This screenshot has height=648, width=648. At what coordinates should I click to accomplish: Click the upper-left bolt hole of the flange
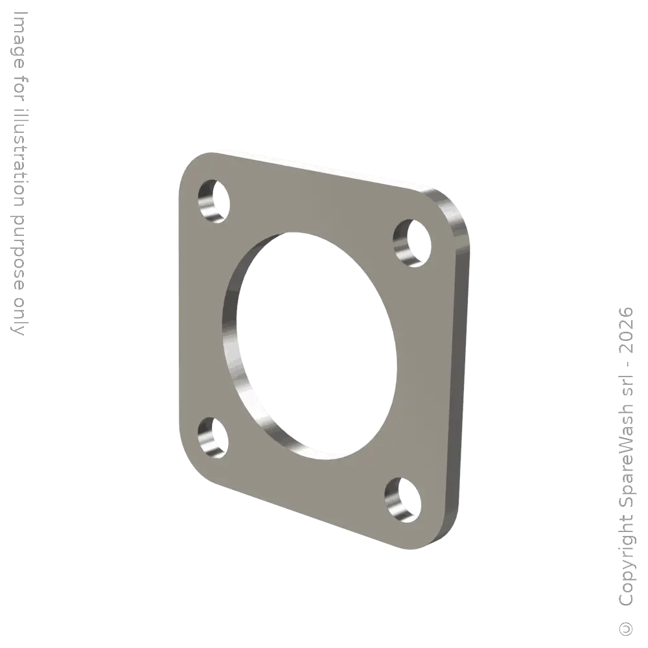click(x=214, y=202)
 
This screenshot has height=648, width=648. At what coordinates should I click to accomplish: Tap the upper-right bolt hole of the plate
click(x=412, y=243)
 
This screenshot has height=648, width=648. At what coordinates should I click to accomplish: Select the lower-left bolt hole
click(x=213, y=437)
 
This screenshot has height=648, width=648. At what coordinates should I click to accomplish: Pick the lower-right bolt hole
click(x=402, y=499)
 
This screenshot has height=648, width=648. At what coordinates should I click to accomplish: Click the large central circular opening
click(x=310, y=345)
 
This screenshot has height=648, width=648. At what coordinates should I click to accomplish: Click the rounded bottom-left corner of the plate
click(x=194, y=465)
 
